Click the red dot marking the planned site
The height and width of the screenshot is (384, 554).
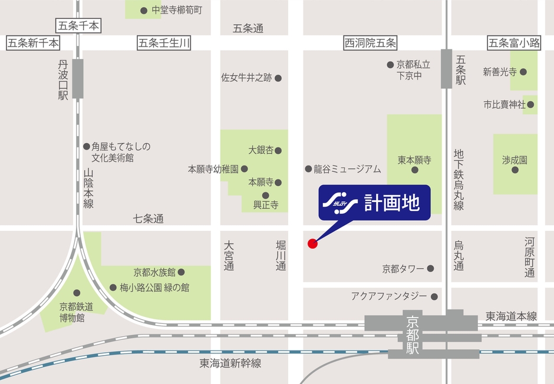coord(312,243)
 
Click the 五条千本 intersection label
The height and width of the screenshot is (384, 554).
coord(78,25)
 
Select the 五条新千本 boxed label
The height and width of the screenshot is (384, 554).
coord(33,42)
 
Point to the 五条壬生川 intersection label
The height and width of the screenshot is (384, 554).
coord(164,42)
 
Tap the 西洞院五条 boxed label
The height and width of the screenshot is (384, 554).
coord(370,42)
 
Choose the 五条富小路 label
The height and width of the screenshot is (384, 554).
coord(515,42)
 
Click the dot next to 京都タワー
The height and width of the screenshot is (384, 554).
coord(430,269)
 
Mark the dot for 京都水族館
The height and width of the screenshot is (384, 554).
coord(181,272)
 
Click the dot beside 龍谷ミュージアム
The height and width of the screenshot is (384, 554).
coord(308,169)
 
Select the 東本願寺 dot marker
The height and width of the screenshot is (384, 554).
coord(414,170)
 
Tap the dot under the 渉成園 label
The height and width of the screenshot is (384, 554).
coord(515,170)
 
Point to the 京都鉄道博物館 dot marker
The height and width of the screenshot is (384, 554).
coord(76,293)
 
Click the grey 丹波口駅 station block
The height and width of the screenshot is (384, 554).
coord(78,78)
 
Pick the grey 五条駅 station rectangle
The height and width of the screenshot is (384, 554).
coord(446,69)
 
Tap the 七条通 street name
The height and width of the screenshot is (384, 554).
coord(148,219)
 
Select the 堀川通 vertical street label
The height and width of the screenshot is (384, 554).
coord(281,254)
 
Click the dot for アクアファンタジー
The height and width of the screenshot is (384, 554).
coord(434,296)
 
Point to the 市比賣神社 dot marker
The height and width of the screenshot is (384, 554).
coord(530,105)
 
